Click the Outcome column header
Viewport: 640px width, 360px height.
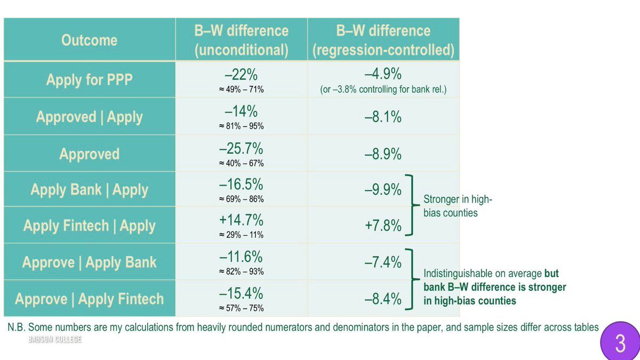tap(89, 40)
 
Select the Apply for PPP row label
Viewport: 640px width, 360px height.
tap(89, 80)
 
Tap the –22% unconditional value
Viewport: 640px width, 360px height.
tap(241, 74)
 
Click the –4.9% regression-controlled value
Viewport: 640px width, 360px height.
tap(383, 74)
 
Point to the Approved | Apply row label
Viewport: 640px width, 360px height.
tap(89, 117)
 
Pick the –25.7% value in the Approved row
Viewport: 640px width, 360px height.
tap(241, 149)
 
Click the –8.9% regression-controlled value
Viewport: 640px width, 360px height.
tap(383, 154)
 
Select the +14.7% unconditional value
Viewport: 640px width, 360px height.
tap(241, 220)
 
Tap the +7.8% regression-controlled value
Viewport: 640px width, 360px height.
tap(383, 226)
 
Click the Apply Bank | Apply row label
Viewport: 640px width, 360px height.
tap(89, 190)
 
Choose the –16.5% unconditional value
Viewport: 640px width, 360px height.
tap(241, 185)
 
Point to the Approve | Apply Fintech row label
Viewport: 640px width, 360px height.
tap(89, 299)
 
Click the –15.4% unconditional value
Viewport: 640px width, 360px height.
tap(241, 293)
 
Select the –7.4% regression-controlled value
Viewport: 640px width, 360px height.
tap(383, 262)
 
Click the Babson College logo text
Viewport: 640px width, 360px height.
tap(55, 339)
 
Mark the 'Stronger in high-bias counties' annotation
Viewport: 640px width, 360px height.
tap(458, 206)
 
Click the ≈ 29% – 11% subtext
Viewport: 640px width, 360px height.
tap(241, 235)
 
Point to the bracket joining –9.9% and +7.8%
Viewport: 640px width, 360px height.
tap(411, 205)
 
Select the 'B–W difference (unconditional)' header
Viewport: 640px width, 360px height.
tap(241, 40)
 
